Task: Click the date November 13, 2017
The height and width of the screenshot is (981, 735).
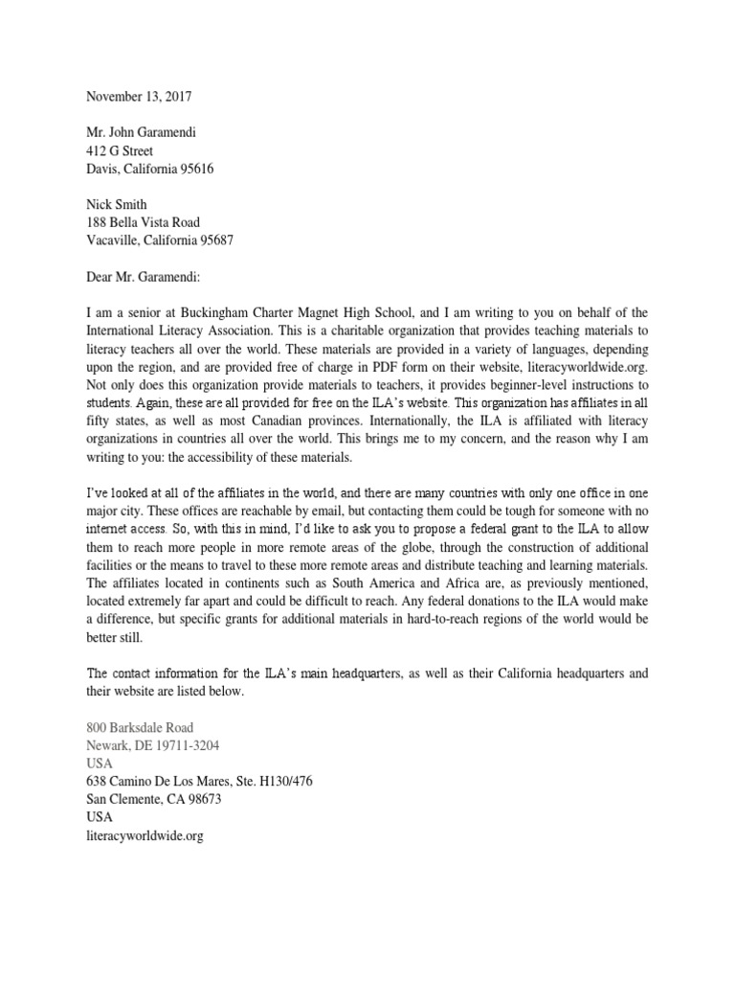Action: [x=141, y=96]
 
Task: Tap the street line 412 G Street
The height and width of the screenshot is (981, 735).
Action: [x=120, y=150]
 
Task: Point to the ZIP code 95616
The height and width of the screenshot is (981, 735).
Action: [x=195, y=169]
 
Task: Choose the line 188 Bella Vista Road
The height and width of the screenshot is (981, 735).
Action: [x=144, y=222]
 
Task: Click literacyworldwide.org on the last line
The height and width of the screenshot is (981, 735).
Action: [x=145, y=835]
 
